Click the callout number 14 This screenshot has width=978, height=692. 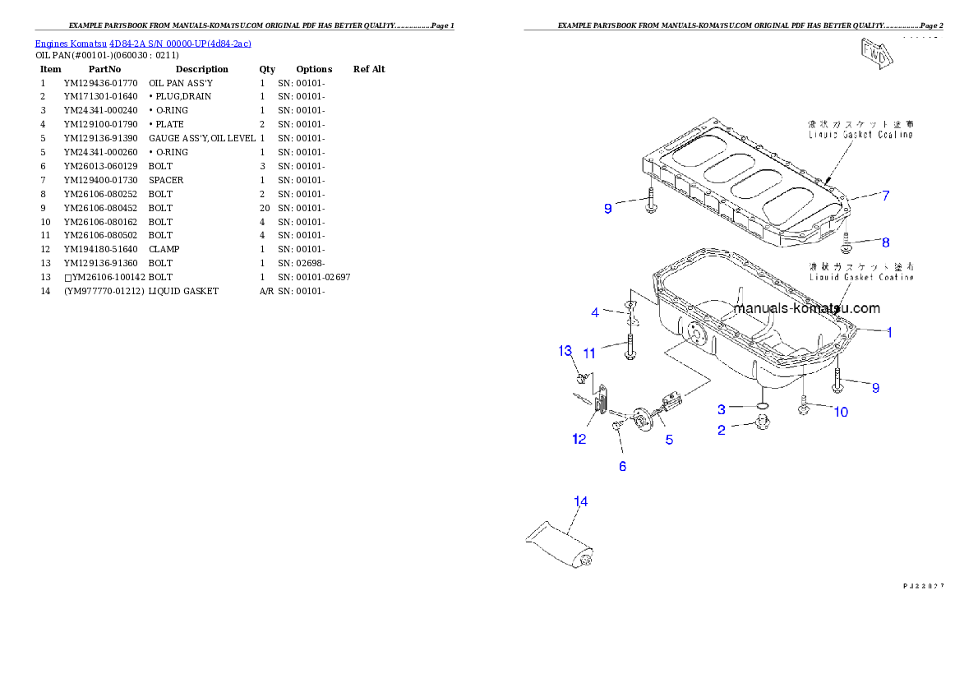(580, 501)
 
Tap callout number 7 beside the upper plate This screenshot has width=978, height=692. (885, 196)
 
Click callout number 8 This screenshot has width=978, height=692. (885, 242)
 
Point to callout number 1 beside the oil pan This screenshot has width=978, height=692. (889, 332)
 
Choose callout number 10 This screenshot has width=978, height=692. (841, 412)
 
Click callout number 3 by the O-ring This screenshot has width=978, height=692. (721, 408)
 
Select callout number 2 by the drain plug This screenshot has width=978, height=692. (721, 430)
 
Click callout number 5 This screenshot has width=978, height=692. (669, 440)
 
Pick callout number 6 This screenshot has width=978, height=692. (622, 466)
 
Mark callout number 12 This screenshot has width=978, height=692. (579, 439)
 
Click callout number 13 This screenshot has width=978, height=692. (565, 351)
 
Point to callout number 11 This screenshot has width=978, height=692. (589, 353)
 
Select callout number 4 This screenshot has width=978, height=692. (595, 312)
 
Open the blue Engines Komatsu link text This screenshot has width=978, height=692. (143, 43)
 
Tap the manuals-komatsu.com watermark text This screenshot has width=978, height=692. (806, 309)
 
